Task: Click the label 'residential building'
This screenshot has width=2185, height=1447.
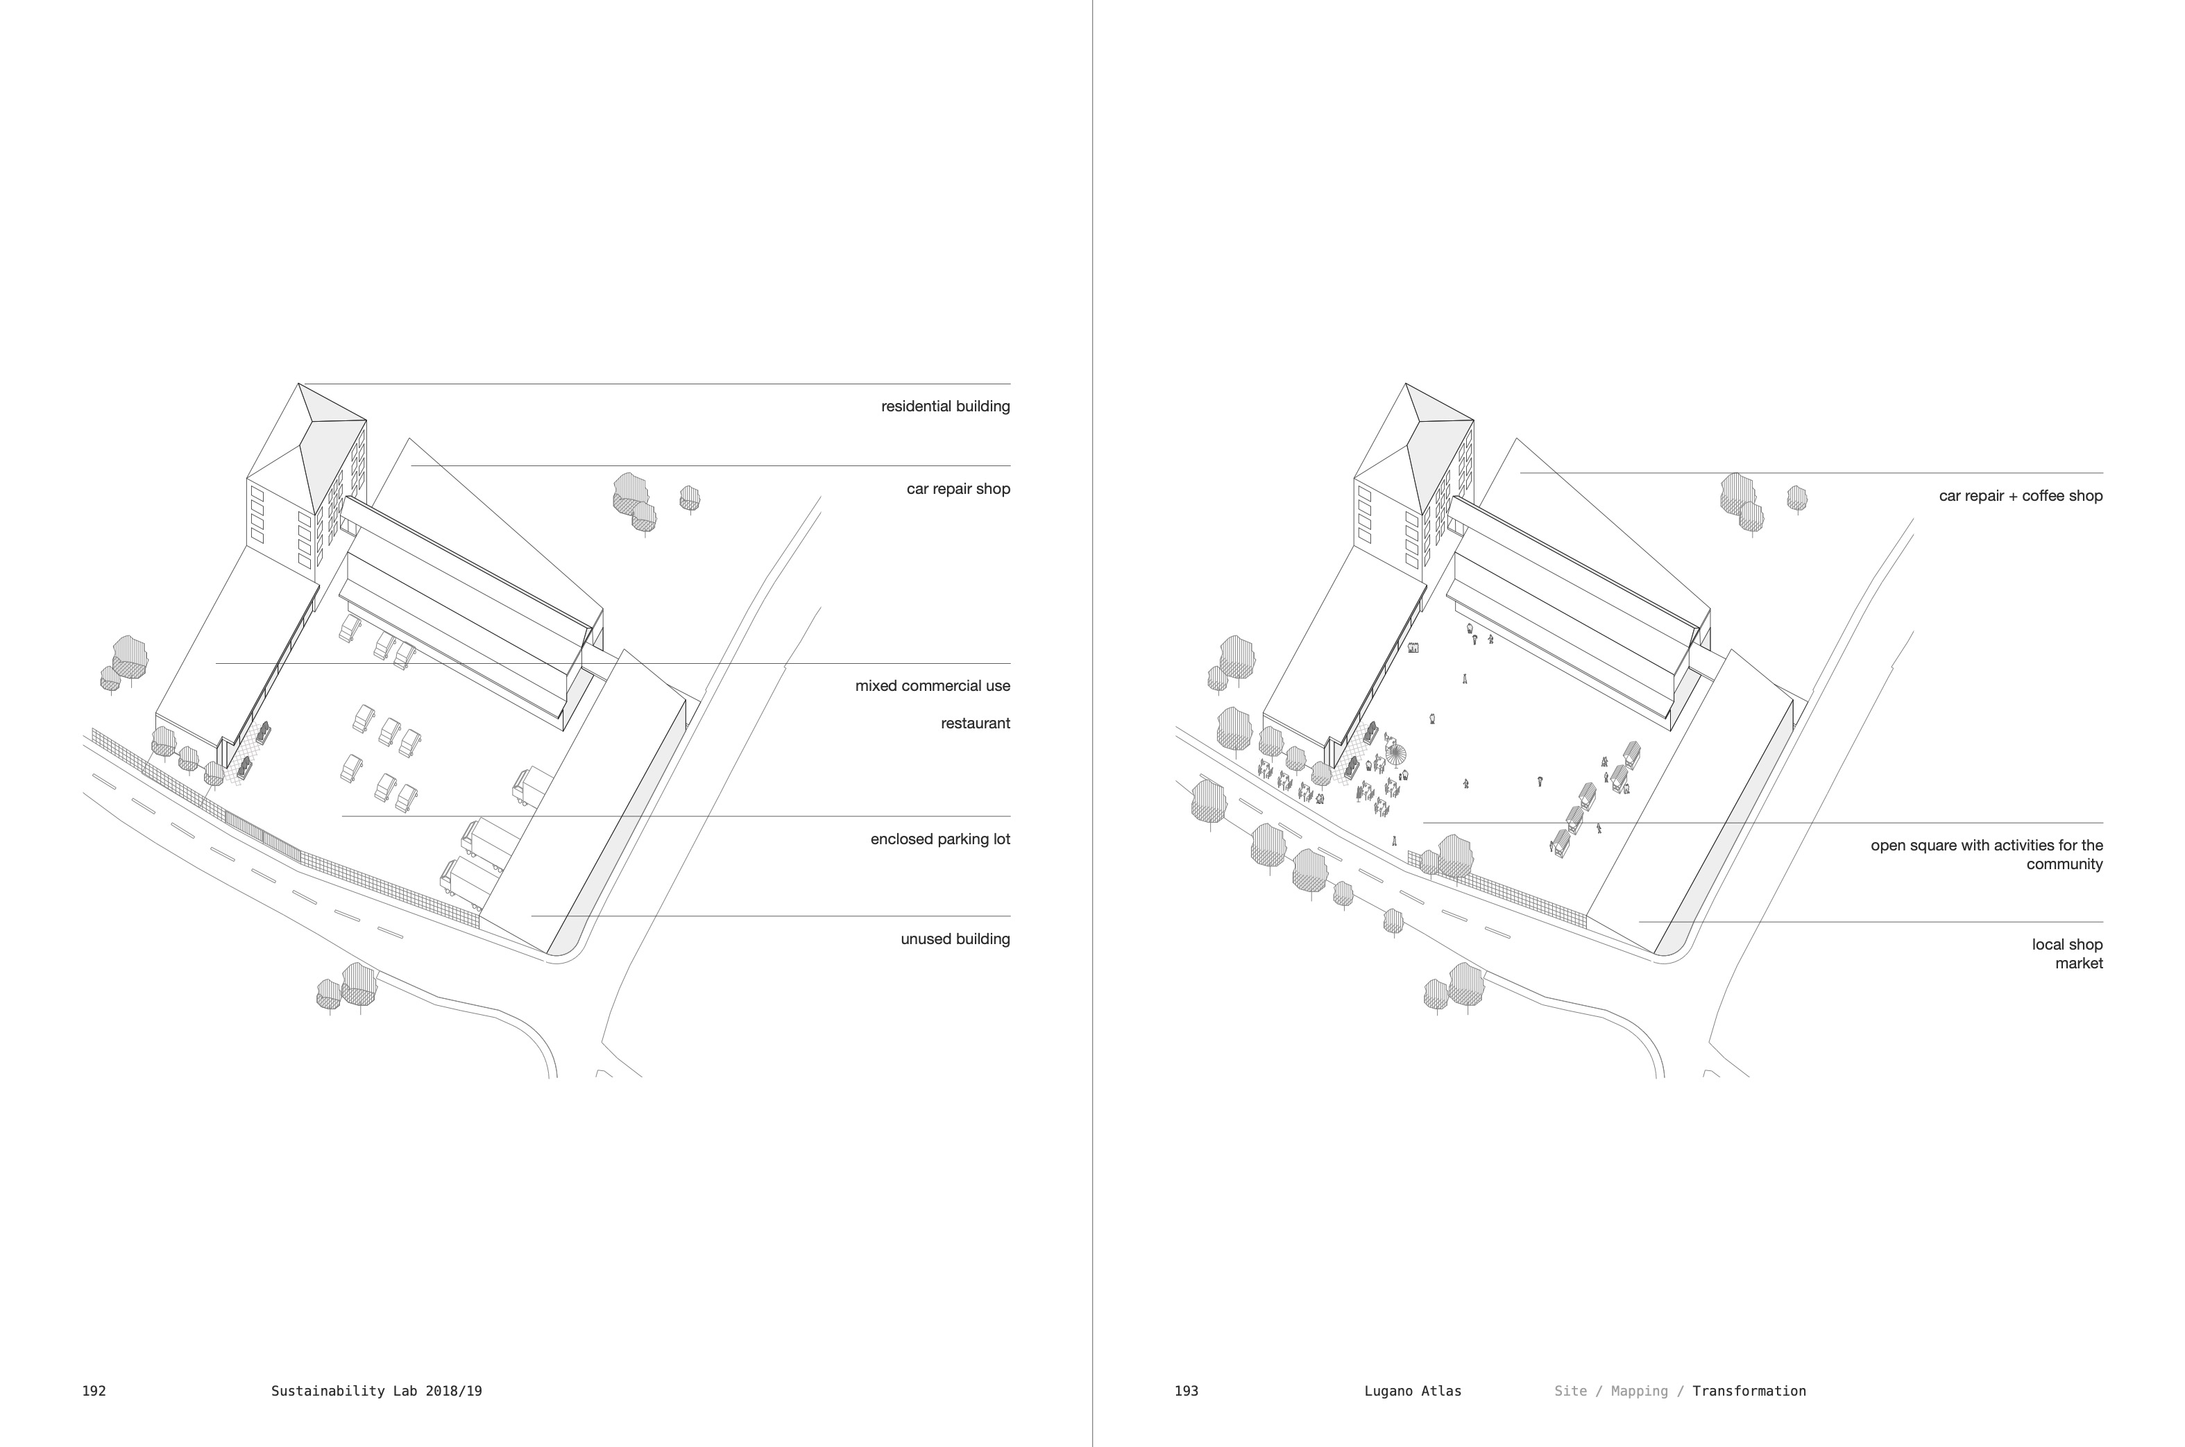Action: click(945, 406)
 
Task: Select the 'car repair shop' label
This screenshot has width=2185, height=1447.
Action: click(958, 489)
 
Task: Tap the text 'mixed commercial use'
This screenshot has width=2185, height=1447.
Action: click(933, 685)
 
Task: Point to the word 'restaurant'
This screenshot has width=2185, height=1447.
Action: click(975, 723)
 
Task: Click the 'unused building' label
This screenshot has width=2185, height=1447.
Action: click(955, 939)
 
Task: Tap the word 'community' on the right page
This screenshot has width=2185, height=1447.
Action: click(2064, 865)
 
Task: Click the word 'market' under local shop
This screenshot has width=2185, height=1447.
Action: click(2079, 964)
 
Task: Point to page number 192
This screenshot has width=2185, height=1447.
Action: click(94, 1391)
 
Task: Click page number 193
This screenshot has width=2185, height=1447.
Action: click(1187, 1391)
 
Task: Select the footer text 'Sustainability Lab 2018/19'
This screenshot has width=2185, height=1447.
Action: click(377, 1391)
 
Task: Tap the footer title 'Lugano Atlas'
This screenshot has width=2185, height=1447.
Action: click(1412, 1391)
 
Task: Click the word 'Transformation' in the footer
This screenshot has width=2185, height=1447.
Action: click(1749, 1391)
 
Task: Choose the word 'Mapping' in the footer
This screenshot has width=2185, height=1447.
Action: click(1640, 1391)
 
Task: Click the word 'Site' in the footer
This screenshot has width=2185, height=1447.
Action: click(1570, 1391)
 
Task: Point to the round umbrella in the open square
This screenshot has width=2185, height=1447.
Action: click(1397, 754)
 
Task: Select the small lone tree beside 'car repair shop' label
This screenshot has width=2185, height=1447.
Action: click(690, 498)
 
